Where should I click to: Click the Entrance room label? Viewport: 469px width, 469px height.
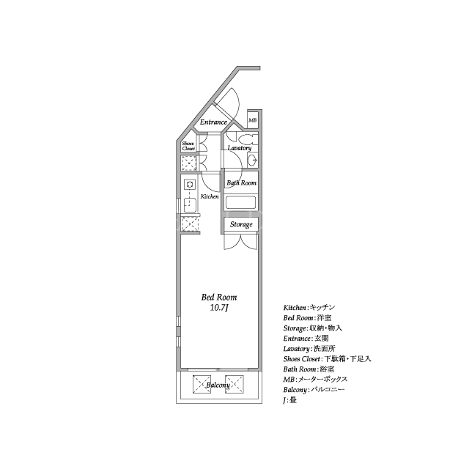coord(213,122)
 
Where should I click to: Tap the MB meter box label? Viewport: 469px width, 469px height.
coord(252,120)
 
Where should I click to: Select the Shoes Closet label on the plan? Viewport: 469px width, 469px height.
coord(188,146)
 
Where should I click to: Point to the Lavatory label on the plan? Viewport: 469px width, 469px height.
coord(240,148)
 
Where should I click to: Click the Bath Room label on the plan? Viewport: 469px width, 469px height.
coord(241,182)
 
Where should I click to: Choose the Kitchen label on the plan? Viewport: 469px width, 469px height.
coord(210,196)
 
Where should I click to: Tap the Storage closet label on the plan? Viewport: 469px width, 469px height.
coord(241,225)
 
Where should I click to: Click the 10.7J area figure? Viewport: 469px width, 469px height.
coord(219,308)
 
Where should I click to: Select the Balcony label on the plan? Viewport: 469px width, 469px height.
coord(218,385)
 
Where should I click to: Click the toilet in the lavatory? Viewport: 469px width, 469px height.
coord(248,139)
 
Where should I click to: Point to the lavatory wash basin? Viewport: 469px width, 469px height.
coord(252,160)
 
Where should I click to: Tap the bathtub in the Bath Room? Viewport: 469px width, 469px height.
coord(241,202)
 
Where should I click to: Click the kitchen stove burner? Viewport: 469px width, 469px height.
coord(189,185)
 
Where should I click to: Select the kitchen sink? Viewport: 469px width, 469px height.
coord(190,205)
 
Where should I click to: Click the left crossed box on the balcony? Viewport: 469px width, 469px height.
coord(202,384)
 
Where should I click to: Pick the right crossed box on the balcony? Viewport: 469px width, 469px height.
coord(234,384)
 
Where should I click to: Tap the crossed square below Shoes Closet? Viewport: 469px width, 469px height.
coord(189,163)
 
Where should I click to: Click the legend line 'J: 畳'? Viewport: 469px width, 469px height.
coord(290,400)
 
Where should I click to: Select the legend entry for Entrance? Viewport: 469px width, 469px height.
coord(306,339)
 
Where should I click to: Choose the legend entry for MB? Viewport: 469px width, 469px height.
coord(315,380)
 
